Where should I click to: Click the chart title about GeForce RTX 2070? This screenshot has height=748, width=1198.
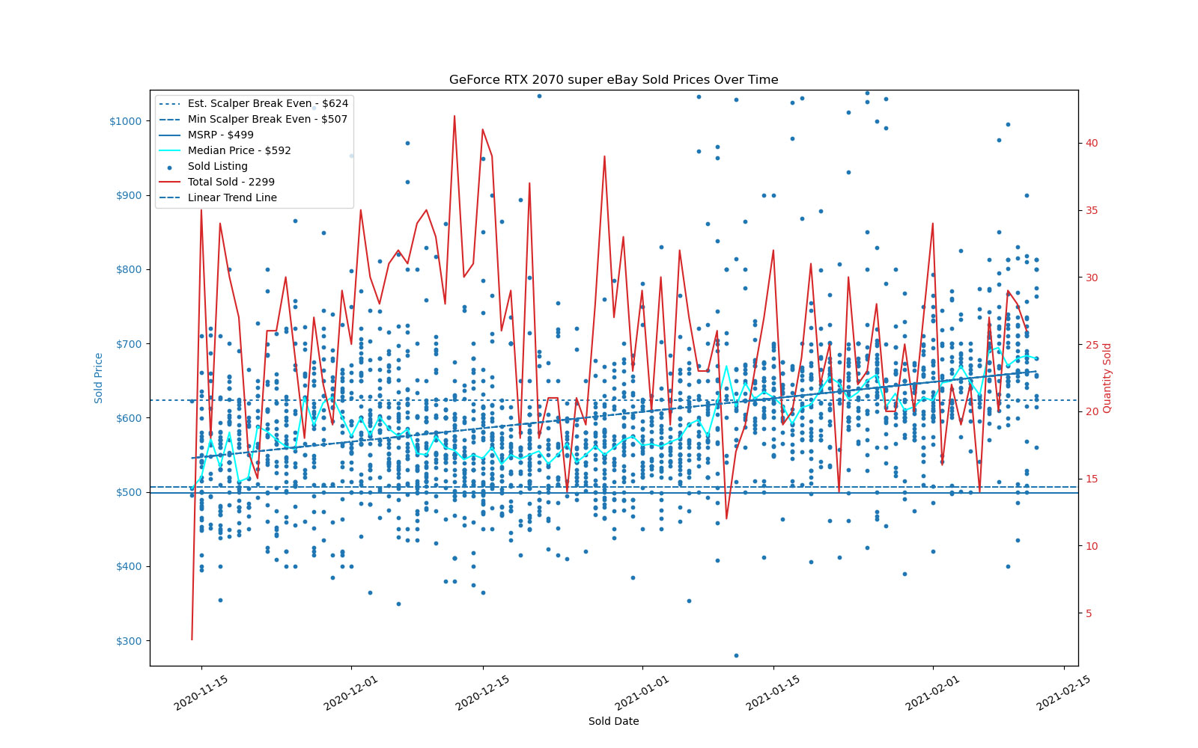[613, 79]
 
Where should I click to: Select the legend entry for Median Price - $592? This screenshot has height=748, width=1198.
[239, 150]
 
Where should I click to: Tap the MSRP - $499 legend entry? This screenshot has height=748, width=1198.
[220, 135]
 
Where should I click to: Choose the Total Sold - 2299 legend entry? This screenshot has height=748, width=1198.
[231, 182]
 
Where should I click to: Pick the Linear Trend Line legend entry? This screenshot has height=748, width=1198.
[232, 197]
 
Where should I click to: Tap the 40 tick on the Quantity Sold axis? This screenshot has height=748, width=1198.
[1092, 143]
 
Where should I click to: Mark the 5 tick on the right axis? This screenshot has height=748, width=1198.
[1090, 613]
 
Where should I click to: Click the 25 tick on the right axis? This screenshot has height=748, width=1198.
[1092, 345]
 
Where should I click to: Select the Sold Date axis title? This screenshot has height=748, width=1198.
[613, 721]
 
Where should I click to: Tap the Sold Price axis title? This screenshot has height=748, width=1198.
[99, 378]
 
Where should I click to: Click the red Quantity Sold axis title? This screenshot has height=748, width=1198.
[1107, 378]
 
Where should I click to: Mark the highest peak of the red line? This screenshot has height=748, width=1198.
[454, 116]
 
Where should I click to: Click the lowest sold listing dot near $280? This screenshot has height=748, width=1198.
[736, 655]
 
